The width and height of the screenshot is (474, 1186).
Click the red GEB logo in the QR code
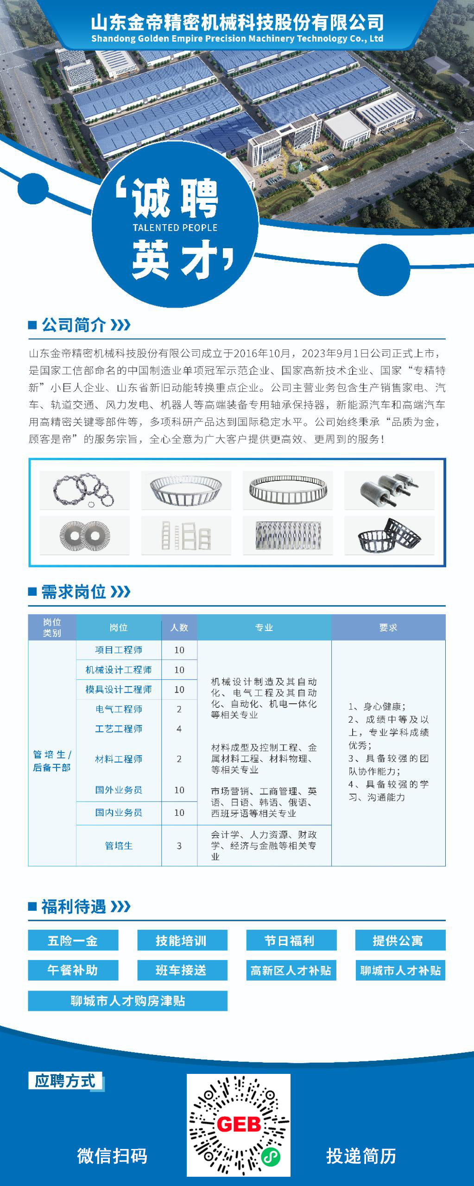(239, 1124)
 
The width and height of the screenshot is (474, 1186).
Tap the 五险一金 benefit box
(73, 940)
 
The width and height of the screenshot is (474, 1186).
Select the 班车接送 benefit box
(182, 970)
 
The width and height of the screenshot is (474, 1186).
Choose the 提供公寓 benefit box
(400, 940)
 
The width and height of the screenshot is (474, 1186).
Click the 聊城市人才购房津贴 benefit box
(127, 1001)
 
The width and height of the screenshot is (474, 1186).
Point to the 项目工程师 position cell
(119, 650)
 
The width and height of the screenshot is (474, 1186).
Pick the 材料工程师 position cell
(119, 759)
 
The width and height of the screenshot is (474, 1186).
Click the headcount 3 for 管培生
(179, 846)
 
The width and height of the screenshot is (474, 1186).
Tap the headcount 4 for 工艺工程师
(179, 729)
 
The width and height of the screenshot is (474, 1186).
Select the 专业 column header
(264, 628)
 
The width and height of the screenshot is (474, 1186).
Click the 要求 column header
(388, 628)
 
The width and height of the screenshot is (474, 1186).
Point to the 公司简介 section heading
(74, 325)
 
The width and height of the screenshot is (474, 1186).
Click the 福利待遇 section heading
(74, 907)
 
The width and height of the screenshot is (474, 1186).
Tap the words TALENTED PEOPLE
(175, 227)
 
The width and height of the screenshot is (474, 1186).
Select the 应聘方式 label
(65, 1081)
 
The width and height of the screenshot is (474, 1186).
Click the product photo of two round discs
(84, 536)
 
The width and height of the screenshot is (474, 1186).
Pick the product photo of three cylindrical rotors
(389, 489)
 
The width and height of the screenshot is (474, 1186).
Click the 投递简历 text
(361, 1156)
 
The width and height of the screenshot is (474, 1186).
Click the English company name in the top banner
(237, 39)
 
